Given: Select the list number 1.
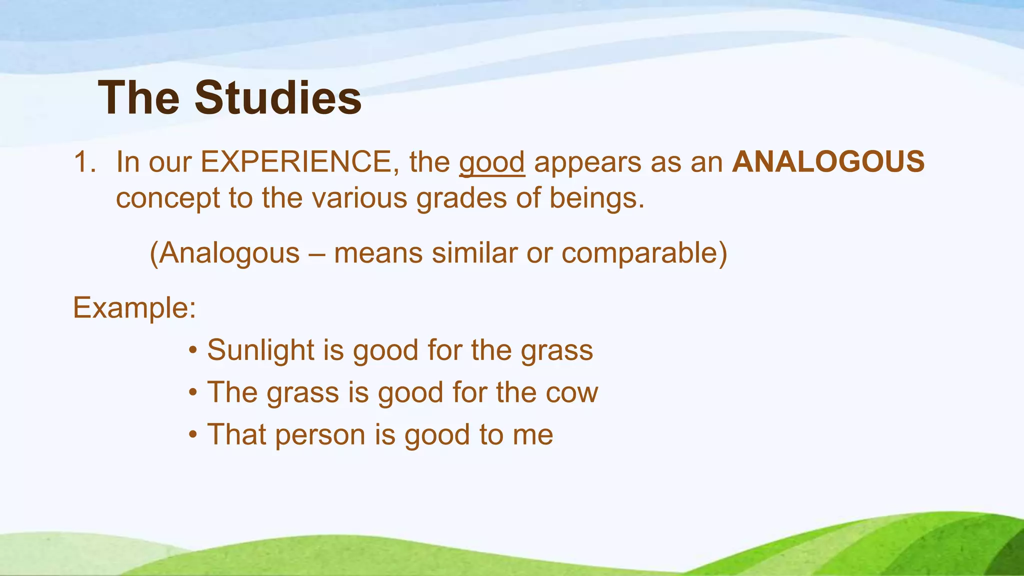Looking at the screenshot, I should pos(84,162).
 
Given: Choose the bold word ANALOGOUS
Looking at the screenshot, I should pos(828,162).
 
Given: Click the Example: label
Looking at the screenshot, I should pos(134,308).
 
